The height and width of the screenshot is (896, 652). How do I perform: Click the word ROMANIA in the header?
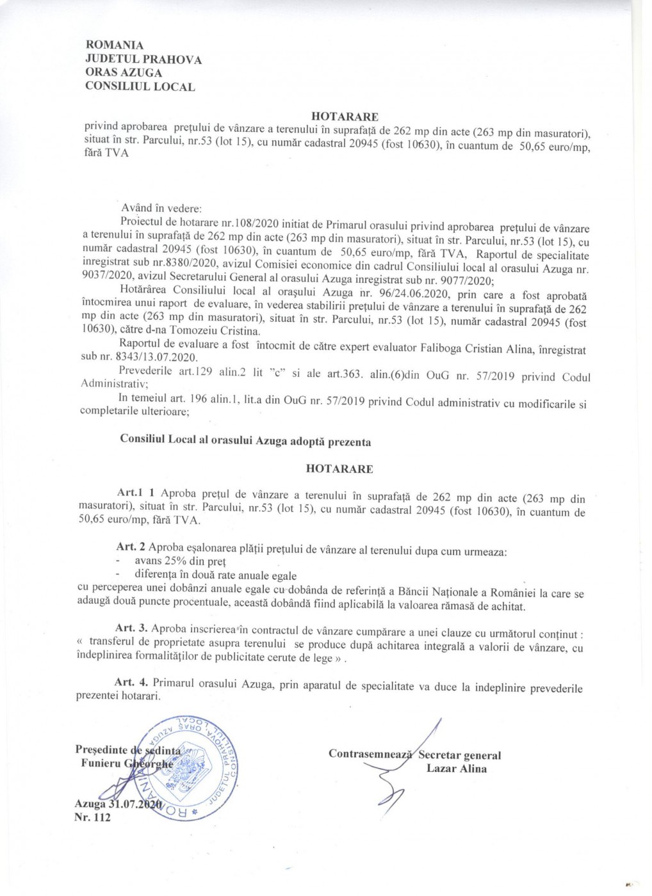click(114, 45)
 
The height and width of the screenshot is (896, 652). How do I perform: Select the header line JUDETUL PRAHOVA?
click(143, 60)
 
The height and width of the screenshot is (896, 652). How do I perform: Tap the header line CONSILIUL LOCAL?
click(140, 87)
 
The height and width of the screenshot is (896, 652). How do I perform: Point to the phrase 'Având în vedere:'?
click(161, 208)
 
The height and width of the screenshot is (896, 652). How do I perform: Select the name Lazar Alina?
click(457, 769)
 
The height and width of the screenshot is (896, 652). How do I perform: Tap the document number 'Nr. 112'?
click(92, 817)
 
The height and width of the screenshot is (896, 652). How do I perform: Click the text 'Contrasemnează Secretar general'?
click(414, 755)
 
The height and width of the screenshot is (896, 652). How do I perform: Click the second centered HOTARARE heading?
click(339, 468)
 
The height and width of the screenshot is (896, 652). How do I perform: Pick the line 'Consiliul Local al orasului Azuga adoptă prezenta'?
click(245, 442)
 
